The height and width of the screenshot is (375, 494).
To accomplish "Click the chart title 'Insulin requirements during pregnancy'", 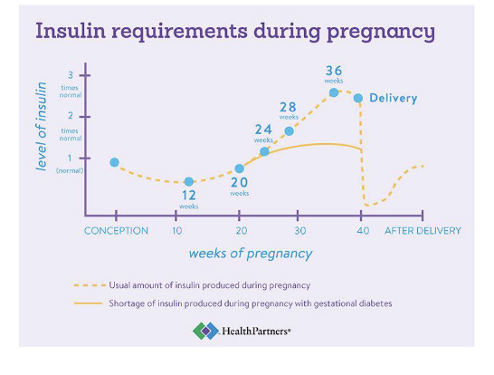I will tap(234, 31).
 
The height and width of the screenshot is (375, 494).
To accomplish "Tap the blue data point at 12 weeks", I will tap(189, 182).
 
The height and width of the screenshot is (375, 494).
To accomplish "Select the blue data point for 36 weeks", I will tap(334, 92).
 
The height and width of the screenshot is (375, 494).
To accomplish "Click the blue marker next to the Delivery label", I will tap(358, 98).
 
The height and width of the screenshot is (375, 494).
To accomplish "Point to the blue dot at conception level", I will tap(114, 162).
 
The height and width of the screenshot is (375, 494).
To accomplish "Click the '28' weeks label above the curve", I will tap(288, 107).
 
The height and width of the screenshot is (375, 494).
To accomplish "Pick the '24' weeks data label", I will tap(263, 130).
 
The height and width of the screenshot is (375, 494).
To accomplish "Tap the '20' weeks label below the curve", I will tap(239, 182).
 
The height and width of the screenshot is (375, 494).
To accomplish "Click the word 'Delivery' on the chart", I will tap(394, 98).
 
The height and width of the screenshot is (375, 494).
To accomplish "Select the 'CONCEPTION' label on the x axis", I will tap(116, 231).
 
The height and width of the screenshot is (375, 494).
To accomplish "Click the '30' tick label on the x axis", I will tap(300, 231).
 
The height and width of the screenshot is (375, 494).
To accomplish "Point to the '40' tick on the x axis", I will tap(361, 231).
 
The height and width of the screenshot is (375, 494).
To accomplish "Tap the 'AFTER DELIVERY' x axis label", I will tap(423, 231).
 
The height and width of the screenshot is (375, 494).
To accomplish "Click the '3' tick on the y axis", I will tap(71, 75).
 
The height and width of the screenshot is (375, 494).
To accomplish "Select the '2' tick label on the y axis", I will tap(71, 117).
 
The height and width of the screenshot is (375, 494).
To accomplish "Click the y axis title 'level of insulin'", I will tap(42, 126).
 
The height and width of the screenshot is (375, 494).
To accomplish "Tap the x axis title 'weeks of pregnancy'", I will tap(251, 254).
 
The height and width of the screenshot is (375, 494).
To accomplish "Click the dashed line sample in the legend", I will tap(89, 285).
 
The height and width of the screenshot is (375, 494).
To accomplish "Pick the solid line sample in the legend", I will tap(89, 303).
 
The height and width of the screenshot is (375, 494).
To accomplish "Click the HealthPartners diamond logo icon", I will tap(204, 332).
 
